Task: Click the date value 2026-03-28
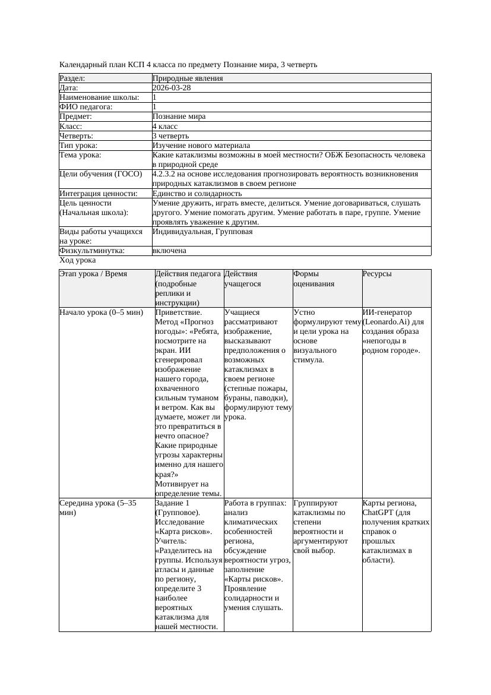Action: point(172,87)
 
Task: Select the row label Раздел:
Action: point(72,78)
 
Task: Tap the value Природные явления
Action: point(188,78)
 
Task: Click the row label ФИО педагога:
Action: point(86,107)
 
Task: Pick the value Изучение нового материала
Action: point(201,145)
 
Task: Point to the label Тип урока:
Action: point(78,145)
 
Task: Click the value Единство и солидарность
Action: point(197,193)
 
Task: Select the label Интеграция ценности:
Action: point(99,193)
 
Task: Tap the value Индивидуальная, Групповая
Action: point(202,232)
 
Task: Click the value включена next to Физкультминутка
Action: point(169,251)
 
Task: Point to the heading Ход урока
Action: point(78,260)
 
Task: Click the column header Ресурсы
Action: point(377,274)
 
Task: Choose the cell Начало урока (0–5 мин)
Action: point(102,312)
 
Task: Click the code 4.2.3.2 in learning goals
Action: point(166,174)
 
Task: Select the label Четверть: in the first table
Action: point(77,135)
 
